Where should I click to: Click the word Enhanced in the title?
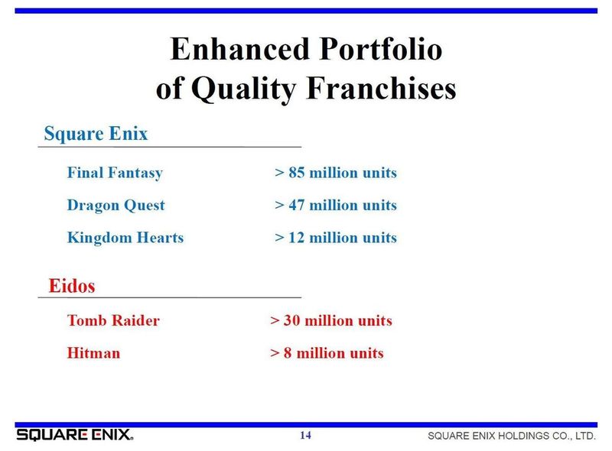tap(240, 49)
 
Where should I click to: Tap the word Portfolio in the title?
tap(381, 49)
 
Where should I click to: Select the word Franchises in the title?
tap(381, 88)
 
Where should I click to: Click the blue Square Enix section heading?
tap(96, 134)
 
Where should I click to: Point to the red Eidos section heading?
tap(72, 286)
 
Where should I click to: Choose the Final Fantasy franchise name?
tap(116, 173)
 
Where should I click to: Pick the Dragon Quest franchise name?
tap(116, 205)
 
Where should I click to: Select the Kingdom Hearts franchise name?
tap(125, 238)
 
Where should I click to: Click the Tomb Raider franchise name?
tap(113, 320)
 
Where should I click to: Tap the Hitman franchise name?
tap(93, 352)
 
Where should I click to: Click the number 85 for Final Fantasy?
tap(297, 173)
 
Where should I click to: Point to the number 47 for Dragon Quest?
tap(297, 205)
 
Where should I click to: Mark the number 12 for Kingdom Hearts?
tap(297, 237)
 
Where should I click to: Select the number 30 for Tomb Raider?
tap(292, 320)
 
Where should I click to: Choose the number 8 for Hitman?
tap(288, 352)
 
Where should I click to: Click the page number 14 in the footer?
tap(305, 435)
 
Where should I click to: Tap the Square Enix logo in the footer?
tap(74, 435)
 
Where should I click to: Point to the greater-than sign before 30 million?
tap(275, 321)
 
